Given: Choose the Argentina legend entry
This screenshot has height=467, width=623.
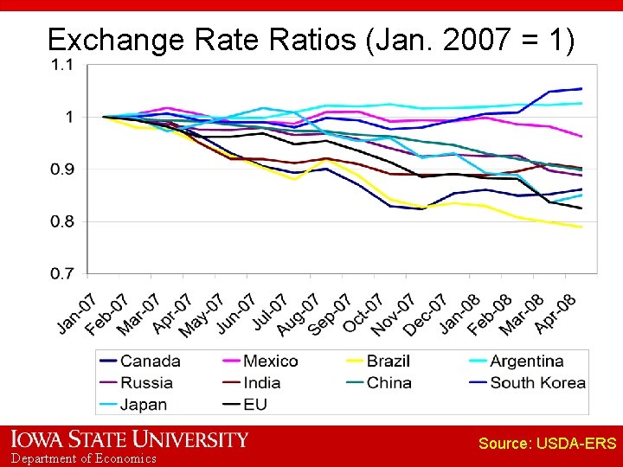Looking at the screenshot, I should [526, 361].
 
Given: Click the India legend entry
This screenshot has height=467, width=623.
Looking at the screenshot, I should [261, 382].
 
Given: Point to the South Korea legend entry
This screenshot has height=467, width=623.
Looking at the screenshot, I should [537, 382].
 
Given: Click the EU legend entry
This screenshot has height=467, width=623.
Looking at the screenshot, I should [255, 404].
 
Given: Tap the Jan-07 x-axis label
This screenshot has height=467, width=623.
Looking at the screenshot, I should [76, 313].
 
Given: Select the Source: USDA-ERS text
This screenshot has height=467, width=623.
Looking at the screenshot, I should [547, 444].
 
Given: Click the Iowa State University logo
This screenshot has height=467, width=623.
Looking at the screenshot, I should [129, 439].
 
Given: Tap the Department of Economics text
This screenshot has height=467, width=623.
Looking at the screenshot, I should [84, 458].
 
